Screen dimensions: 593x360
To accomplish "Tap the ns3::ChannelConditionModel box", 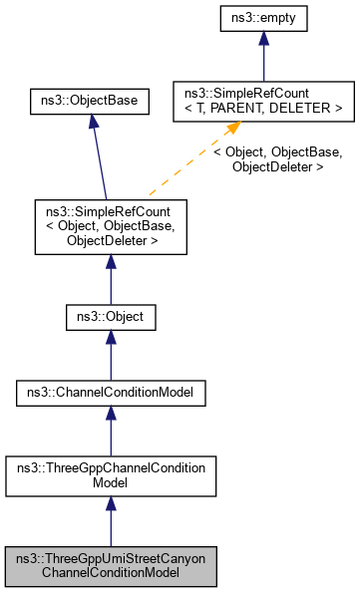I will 110,394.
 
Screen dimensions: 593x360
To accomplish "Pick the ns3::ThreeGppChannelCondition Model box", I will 110,473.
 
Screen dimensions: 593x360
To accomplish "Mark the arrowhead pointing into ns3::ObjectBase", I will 92,121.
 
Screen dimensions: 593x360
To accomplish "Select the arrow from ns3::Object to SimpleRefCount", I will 110,279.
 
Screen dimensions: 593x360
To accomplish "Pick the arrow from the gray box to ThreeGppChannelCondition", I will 110,523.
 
